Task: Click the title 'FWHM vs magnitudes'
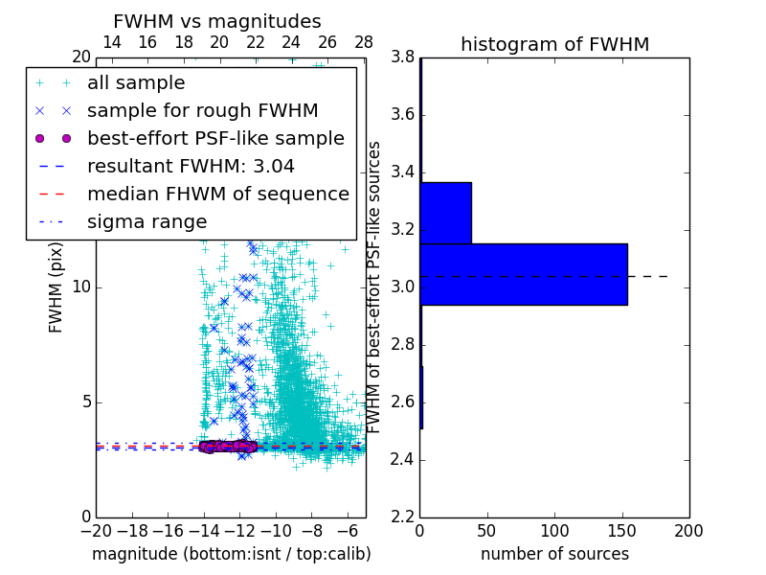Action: pyautogui.click(x=217, y=21)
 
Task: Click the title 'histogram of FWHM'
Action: pyautogui.click(x=554, y=44)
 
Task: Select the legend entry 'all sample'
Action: pyautogui.click(x=136, y=83)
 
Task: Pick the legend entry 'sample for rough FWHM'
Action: pyautogui.click(x=203, y=110)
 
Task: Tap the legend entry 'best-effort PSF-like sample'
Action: pyautogui.click(x=215, y=138)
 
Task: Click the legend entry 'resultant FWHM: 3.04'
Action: pyautogui.click(x=191, y=166)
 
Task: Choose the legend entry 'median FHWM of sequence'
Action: pyautogui.click(x=218, y=194)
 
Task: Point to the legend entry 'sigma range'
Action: pyautogui.click(x=146, y=221)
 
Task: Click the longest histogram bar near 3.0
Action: pyautogui.click(x=523, y=274)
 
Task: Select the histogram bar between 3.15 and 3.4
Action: pyautogui.click(x=445, y=213)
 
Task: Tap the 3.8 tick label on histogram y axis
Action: pyautogui.click(x=402, y=57)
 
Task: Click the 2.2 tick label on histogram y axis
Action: pyautogui.click(x=402, y=517)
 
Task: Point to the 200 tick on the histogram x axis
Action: pyautogui.click(x=688, y=531)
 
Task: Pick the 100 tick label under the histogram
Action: pyautogui.click(x=554, y=531)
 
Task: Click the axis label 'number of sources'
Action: pyautogui.click(x=554, y=554)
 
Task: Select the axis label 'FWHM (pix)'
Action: pyautogui.click(x=56, y=287)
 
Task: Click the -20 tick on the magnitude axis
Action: pyautogui.click(x=96, y=531)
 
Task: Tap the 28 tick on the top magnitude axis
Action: pyautogui.click(x=364, y=42)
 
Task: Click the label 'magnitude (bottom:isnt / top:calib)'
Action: pyautogui.click(x=231, y=554)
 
